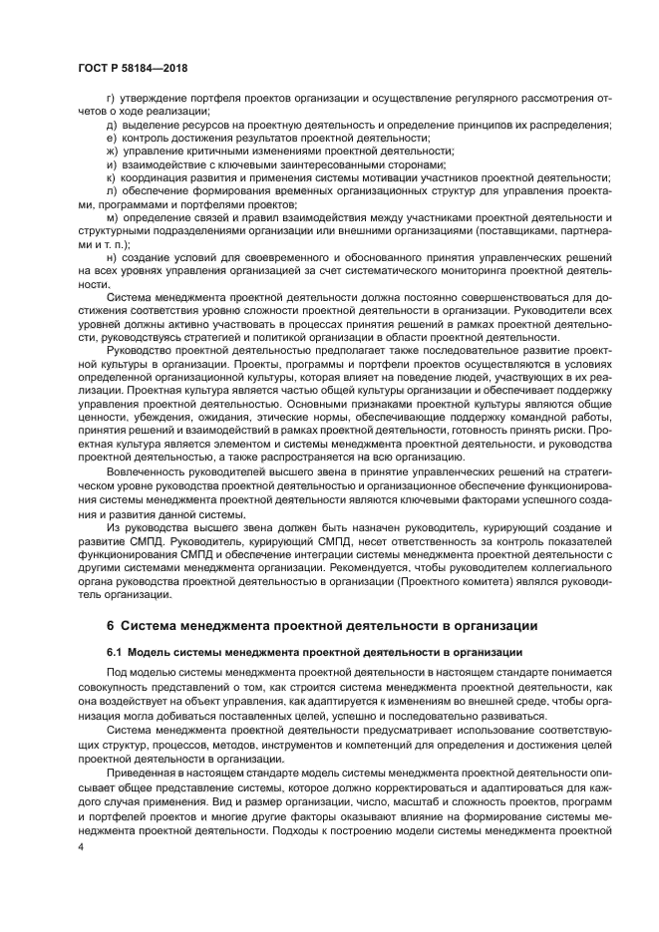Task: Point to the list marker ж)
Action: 112,151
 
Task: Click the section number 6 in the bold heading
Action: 110,625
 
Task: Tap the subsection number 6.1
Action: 114,652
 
